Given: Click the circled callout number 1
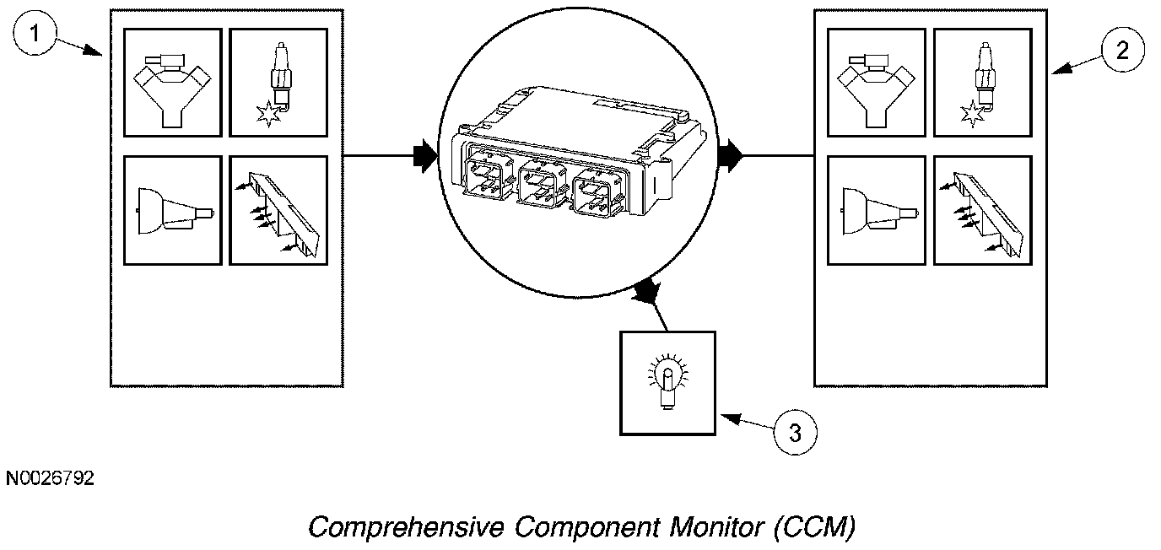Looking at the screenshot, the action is coord(35,34).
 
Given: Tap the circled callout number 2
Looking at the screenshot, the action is coord(1123,51).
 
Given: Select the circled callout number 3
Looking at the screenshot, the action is coord(795,433).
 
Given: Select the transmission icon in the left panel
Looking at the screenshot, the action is coord(174,212).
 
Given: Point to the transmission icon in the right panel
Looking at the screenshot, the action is coord(878,212).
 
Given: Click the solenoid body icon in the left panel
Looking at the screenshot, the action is coord(278,213).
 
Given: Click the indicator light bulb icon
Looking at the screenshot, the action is coord(667,382).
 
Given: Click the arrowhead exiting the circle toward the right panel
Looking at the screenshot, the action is coord(731,155).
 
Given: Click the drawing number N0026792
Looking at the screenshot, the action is coord(51,478).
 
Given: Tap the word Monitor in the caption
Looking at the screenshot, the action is coord(717,526).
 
